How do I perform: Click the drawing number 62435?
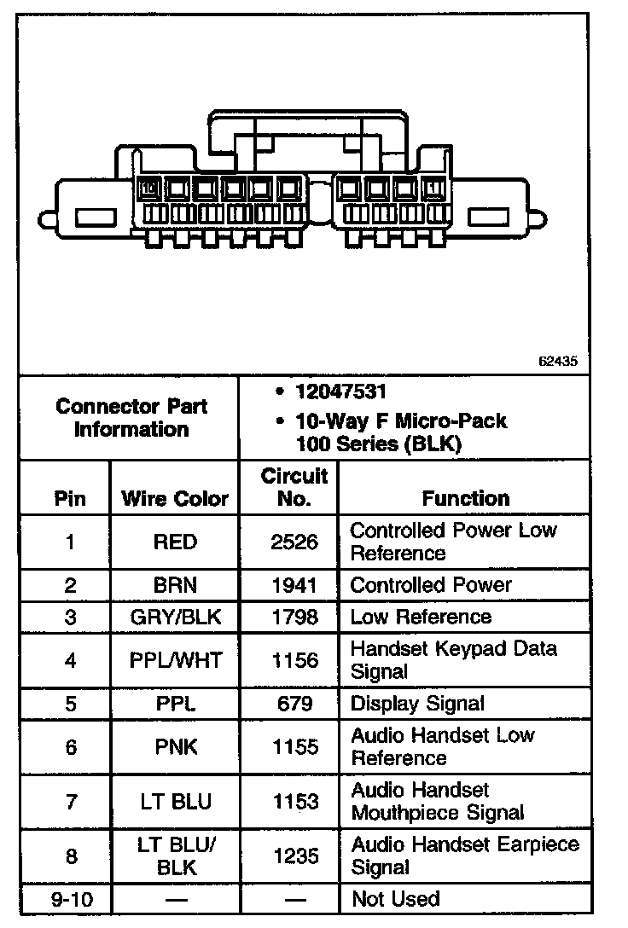pyautogui.click(x=558, y=361)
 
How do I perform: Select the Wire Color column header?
pyautogui.click(x=175, y=499)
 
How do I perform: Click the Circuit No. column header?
pyautogui.click(x=294, y=487)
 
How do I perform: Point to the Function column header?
pyautogui.click(x=465, y=498)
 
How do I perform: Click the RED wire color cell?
pyautogui.click(x=175, y=542)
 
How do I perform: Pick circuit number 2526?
pyautogui.click(x=294, y=542)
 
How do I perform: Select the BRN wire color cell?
pyautogui.click(x=175, y=586)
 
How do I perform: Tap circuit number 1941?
pyautogui.click(x=294, y=586)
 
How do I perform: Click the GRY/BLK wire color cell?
pyautogui.click(x=175, y=617)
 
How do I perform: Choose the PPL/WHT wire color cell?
pyautogui.click(x=175, y=660)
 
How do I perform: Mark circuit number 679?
pyautogui.click(x=294, y=704)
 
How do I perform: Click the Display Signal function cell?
pyautogui.click(x=417, y=704)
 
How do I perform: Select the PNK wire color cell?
pyautogui.click(x=175, y=747)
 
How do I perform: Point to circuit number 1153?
pyautogui.click(x=294, y=802)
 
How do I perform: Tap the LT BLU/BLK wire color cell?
pyautogui.click(x=175, y=856)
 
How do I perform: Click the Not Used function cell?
pyautogui.click(x=395, y=899)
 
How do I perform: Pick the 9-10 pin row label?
pyautogui.click(x=70, y=899)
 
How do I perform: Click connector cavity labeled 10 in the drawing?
pyautogui.click(x=148, y=188)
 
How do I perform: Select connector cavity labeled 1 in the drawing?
pyautogui.click(x=433, y=188)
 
